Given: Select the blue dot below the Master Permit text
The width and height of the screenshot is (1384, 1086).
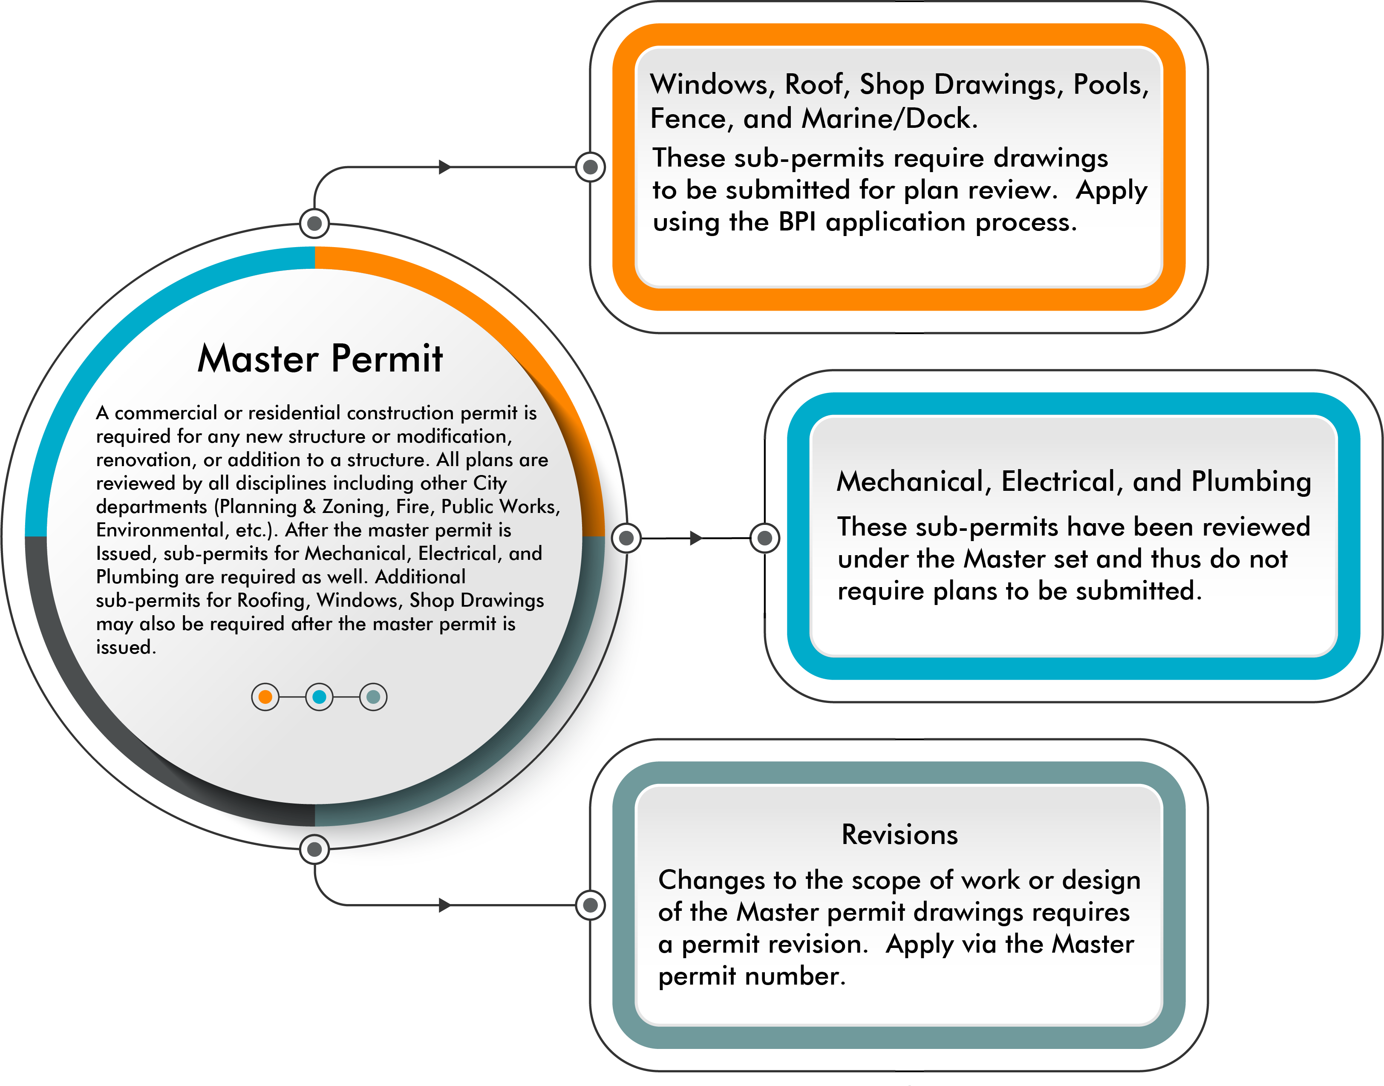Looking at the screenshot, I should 319,697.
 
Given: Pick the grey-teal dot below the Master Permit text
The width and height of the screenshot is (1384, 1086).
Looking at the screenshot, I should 373,697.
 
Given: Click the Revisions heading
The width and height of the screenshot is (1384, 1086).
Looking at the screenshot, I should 899,834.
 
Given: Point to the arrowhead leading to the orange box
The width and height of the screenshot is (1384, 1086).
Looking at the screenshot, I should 445,167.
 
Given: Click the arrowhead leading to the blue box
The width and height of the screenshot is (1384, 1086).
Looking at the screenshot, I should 696,538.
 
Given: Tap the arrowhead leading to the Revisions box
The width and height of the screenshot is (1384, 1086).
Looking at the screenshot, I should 445,905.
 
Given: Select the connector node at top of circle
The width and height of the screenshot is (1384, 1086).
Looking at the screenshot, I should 314,223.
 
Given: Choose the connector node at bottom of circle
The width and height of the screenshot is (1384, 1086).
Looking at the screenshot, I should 314,849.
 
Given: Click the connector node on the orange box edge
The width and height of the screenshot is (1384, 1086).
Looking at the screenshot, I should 590,167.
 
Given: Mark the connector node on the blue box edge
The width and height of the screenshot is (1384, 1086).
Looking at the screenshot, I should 765,538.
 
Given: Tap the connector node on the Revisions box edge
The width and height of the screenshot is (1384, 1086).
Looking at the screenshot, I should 590,905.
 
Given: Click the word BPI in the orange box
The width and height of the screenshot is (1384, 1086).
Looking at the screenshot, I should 797,222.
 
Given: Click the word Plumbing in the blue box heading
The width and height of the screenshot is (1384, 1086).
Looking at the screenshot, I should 1251,482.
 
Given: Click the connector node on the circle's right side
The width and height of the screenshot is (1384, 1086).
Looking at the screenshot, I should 626,538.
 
